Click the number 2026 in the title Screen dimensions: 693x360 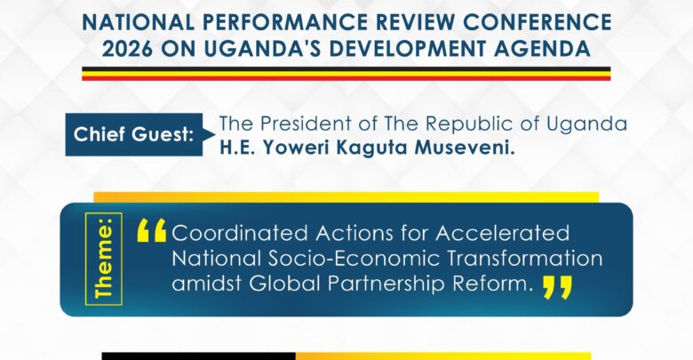tap(127, 49)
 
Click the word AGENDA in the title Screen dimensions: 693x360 tap(542, 49)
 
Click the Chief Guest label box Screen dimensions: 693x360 tap(134, 134)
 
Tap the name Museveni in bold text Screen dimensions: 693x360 tap(465, 148)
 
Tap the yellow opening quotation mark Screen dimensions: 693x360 tap(152, 230)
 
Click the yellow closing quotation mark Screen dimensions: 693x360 tap(557, 287)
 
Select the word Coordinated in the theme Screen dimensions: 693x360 tap(240, 233)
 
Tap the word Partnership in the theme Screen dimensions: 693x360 tap(386, 284)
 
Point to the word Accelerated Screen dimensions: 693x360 tap(503, 233)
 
